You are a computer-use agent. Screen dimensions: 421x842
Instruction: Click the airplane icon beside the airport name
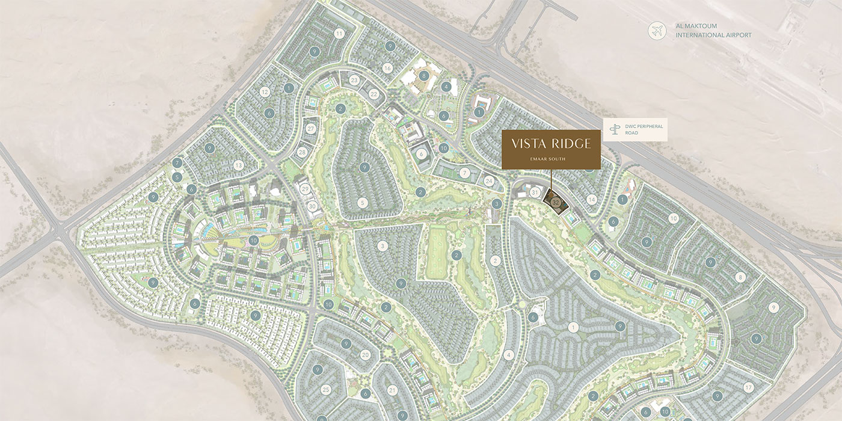coord(657,31)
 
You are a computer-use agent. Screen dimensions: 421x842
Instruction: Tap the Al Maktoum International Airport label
coord(713,31)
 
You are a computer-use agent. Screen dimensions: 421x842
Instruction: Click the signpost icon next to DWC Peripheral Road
coord(615,130)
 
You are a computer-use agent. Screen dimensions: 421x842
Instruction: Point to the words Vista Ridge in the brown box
coord(551,144)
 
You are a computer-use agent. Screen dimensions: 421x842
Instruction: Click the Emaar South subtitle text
coord(551,159)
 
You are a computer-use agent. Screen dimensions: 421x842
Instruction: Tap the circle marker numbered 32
coord(556,203)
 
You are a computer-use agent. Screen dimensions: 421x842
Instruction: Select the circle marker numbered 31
coord(535,192)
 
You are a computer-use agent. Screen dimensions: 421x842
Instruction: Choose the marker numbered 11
coord(339,34)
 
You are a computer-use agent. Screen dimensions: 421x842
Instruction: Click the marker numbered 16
coord(387,67)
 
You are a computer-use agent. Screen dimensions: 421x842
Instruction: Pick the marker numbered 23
coord(354,80)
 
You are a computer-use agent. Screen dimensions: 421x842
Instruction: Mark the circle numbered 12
coord(265,92)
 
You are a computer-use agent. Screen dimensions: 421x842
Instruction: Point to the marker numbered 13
coord(238,165)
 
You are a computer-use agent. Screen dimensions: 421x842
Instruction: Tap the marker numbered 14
coord(592,199)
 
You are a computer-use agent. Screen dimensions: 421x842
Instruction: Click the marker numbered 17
coord(748,387)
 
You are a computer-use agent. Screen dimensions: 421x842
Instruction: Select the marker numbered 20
coord(365,355)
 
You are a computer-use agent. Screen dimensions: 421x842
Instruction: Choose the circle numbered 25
coord(327,389)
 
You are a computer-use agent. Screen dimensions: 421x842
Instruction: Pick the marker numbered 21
coord(392,390)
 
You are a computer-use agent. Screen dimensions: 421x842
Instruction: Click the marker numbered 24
coord(490,180)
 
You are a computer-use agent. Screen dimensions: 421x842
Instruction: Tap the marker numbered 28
coord(302,152)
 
